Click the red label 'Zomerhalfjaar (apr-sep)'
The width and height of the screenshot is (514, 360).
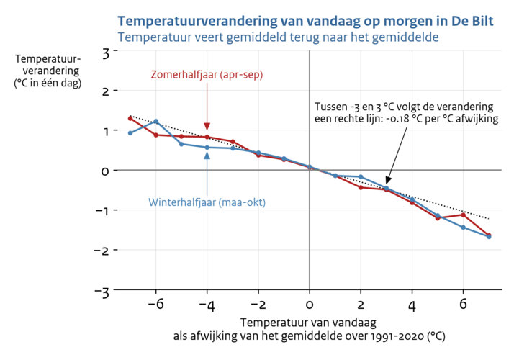207,75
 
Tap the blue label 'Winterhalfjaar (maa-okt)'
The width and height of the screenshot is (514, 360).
207,202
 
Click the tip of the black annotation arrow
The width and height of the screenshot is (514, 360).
387,184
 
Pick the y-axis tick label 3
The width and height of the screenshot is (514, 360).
105,52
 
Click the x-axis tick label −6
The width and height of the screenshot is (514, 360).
153,304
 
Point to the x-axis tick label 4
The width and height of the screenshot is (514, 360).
412,304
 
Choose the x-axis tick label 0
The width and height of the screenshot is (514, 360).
310,304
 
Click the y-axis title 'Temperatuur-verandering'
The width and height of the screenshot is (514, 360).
48,71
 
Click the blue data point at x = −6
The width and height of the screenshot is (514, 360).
156,122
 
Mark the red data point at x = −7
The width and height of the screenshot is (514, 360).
130,118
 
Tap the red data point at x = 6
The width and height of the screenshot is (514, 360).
463,215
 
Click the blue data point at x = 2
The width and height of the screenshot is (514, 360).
361,177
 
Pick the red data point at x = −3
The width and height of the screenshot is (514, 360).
233,141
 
